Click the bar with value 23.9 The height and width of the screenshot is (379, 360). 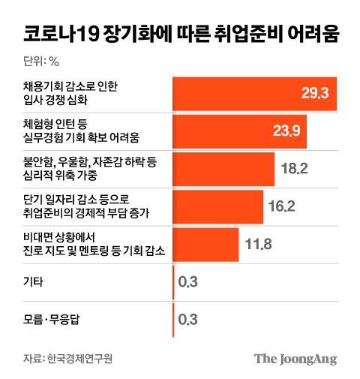[239, 131]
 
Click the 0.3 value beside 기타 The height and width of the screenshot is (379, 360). [187, 281]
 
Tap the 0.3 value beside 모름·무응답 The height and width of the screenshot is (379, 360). [187, 319]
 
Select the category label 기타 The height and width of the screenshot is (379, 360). [34, 281]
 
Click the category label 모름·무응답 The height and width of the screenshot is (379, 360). [54, 319]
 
